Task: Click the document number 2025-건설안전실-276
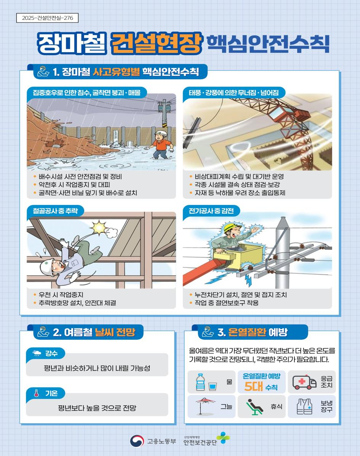coord(47,18)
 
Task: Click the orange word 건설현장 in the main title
coord(157,43)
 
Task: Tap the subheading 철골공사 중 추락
coord(55,211)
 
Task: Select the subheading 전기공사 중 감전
coord(211,211)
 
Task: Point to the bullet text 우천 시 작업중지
coord(61,294)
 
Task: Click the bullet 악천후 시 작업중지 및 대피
coord(74,185)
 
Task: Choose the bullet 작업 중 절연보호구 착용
coord(227,303)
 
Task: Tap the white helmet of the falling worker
coord(47,266)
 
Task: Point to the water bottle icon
coord(201,382)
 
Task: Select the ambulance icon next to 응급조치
coord(304,382)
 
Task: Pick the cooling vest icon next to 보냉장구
coord(304,406)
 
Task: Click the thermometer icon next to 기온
coord(36,393)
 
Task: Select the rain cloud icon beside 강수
coord(37,354)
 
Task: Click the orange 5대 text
coord(253,387)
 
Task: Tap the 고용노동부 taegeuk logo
coord(137,441)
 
